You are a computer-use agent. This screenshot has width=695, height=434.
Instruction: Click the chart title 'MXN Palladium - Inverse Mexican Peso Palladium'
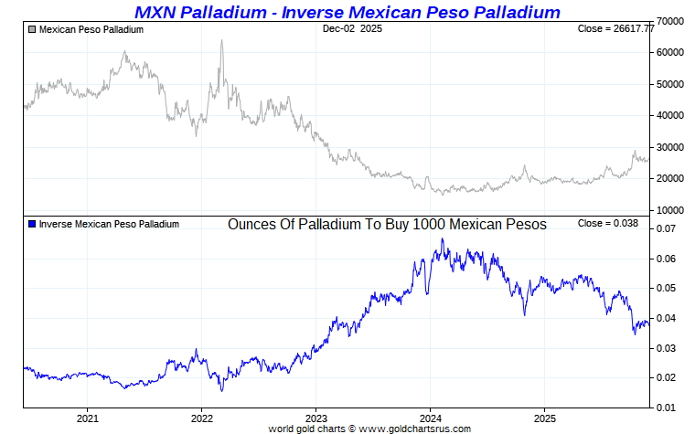pyautogui.click(x=347, y=12)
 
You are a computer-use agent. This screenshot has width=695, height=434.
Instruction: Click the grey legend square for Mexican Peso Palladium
pyautogui.click(x=32, y=29)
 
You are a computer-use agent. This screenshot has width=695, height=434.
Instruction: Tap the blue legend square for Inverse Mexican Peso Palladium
pyautogui.click(x=32, y=224)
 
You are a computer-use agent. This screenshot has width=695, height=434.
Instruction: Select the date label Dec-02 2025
pyautogui.click(x=353, y=29)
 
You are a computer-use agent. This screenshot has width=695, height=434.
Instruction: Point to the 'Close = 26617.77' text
pyautogui.click(x=616, y=29)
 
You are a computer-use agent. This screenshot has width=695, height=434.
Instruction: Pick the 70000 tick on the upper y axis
pyautogui.click(x=672, y=21)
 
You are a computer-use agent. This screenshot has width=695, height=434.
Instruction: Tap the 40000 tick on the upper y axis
pyautogui.click(x=672, y=115)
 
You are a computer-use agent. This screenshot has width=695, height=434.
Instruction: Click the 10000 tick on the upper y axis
pyautogui.click(x=672, y=210)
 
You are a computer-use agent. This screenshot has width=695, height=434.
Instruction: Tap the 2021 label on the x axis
pyautogui.click(x=87, y=418)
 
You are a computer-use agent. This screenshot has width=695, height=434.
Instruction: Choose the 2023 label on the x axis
pyautogui.click(x=315, y=418)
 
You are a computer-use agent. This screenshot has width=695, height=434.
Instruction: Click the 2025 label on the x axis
pyautogui.click(x=544, y=418)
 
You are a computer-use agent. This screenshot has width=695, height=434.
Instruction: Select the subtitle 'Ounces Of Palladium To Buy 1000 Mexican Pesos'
pyautogui.click(x=386, y=224)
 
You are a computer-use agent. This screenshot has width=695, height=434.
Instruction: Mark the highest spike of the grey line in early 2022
pyautogui.click(x=221, y=40)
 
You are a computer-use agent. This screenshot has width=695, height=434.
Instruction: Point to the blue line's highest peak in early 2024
pyautogui.click(x=443, y=239)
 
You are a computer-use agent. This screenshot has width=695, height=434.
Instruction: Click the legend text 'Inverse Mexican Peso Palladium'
pyautogui.click(x=109, y=224)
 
